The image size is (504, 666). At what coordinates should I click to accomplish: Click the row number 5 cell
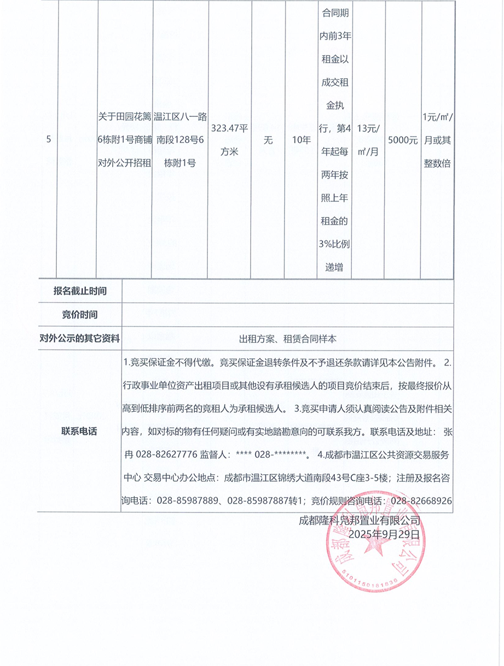pos(49,140)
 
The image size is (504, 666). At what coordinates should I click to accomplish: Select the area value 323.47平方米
pos(229,140)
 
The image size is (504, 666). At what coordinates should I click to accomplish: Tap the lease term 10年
pos(301,140)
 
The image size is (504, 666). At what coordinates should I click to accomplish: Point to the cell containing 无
pos(268,140)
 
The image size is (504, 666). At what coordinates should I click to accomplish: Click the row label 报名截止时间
pos(80,291)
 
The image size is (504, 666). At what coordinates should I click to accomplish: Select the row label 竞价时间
pos(80,315)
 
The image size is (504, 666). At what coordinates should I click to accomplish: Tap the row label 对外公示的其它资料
pos(80,339)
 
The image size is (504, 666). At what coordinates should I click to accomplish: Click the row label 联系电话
pos(80,431)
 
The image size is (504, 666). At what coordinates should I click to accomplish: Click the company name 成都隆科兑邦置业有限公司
pos(359,520)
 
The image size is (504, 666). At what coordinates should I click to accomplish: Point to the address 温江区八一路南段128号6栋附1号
pos(180,139)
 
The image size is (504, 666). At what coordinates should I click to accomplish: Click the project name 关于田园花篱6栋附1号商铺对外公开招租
pos(125,139)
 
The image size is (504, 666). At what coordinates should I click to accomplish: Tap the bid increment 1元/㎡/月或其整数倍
pos(437,140)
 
